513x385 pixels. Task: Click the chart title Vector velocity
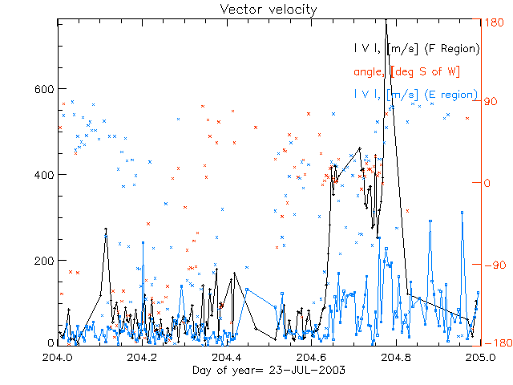tap(256, 9)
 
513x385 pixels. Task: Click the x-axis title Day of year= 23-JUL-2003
tap(256, 370)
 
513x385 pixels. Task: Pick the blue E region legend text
tap(416, 95)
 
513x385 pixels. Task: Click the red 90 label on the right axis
tap(490, 102)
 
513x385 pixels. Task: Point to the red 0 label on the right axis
tap(487, 183)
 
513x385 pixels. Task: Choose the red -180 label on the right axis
tap(495, 343)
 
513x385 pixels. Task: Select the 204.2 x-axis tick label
tap(143, 356)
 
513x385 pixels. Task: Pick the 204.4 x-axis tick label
tap(227, 356)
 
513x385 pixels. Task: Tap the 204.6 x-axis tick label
tap(312, 356)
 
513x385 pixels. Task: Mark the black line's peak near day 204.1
tap(106, 229)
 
